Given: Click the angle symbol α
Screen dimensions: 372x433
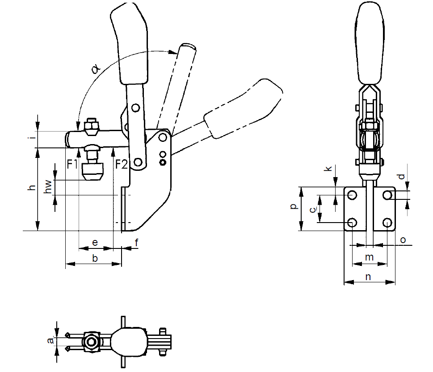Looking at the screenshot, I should click(x=95, y=68).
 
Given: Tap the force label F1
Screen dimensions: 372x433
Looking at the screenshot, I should click(x=73, y=164).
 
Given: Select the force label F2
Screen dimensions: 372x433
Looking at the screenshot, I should click(x=122, y=164).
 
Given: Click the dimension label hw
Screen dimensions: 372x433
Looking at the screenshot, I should click(x=49, y=187).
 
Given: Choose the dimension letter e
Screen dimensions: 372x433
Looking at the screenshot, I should click(x=95, y=242).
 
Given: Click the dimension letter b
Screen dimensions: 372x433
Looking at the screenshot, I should click(x=95, y=258).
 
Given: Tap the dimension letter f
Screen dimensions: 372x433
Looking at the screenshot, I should click(x=137, y=242).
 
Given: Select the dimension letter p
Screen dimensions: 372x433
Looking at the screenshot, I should click(x=293, y=206).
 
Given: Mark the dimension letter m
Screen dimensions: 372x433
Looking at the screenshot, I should click(x=369, y=257).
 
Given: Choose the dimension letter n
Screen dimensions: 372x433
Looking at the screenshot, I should click(x=368, y=277).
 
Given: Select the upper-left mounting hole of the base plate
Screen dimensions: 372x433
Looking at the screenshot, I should click(x=352, y=195).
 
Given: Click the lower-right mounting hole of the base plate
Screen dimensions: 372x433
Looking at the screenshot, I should click(x=387, y=222).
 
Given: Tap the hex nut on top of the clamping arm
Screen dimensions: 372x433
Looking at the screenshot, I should click(x=91, y=128).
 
